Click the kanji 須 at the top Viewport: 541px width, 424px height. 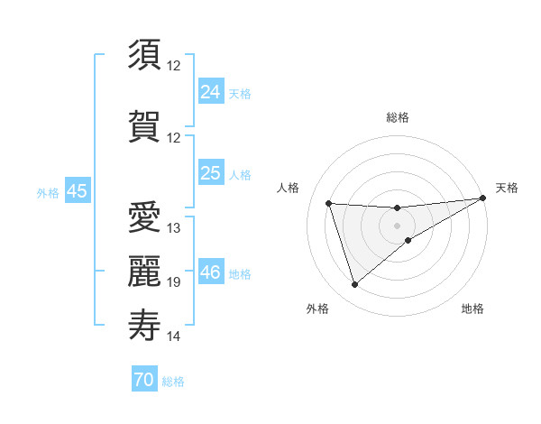click(144, 55)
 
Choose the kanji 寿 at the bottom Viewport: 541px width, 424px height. click(144, 325)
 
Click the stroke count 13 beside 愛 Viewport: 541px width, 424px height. click(174, 228)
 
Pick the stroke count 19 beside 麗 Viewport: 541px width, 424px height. click(174, 282)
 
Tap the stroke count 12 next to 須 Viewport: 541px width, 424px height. click(174, 66)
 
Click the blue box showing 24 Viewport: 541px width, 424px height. click(211, 91)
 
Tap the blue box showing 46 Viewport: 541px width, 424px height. click(211, 272)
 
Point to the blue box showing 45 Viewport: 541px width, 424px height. click(77, 190)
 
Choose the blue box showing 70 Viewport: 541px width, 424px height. click(144, 380)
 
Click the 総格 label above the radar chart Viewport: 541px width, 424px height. click(398, 117)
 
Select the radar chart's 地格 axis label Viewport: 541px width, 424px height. click(472, 309)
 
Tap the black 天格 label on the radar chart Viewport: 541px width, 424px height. click(507, 188)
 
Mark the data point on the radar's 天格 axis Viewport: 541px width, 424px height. click(484, 198)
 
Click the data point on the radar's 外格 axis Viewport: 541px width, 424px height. click(354, 285)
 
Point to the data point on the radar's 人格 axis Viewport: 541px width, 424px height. click(329, 203)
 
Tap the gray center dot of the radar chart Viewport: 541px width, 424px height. click(398, 225)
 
